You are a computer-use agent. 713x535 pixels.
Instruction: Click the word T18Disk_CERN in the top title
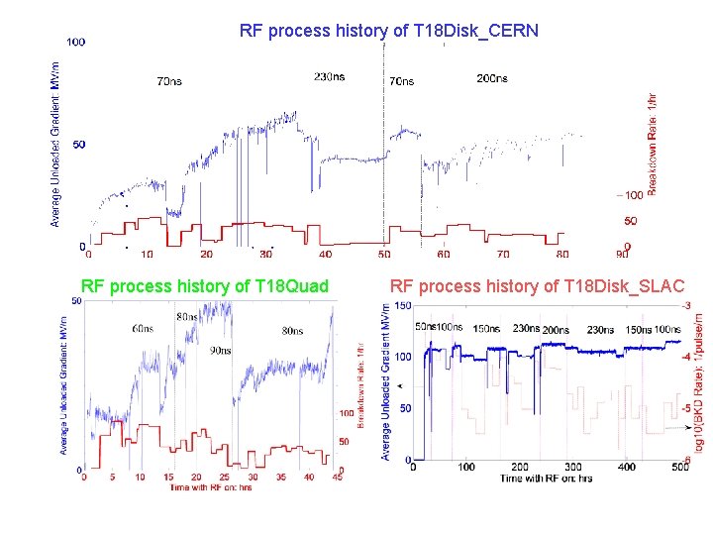[484, 31]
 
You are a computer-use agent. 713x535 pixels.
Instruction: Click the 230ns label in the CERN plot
[330, 76]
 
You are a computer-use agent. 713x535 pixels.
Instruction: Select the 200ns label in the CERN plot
[492, 78]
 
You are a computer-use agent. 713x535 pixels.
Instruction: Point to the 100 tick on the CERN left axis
[75, 42]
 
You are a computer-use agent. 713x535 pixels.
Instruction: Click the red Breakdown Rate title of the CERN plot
[652, 145]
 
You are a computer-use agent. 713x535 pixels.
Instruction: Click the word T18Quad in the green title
[291, 286]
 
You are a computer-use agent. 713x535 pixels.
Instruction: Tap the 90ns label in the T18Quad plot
[222, 350]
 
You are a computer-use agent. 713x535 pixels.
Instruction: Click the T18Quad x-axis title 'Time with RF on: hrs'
[210, 486]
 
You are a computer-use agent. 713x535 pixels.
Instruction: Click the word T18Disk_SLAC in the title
[623, 286]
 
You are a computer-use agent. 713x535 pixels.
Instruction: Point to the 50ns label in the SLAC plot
[424, 327]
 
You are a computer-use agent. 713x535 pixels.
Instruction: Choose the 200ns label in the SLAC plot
[556, 330]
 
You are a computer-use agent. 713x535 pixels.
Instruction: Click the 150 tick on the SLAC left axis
[403, 305]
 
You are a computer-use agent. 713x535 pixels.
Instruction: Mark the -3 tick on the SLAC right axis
[686, 305]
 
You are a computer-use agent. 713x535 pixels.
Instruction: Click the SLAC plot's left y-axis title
[385, 382]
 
